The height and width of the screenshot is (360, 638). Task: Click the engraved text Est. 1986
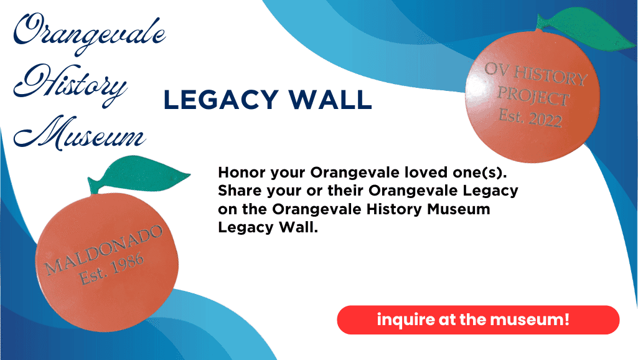pos(111,269)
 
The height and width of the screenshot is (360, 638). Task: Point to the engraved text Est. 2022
pos(530,116)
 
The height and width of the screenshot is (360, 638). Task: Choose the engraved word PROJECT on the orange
pos(533,96)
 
